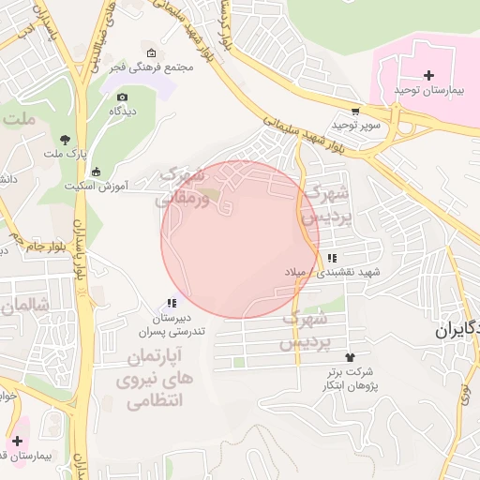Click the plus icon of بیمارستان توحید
[429, 75]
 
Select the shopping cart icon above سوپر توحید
[354, 110]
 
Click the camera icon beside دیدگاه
[122, 96]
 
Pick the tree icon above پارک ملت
[64, 138]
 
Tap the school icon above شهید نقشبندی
[332, 258]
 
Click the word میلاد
[298, 272]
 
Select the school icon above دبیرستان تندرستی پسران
[171, 303]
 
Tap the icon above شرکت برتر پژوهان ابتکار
[351, 357]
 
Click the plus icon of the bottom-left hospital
[17, 440]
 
